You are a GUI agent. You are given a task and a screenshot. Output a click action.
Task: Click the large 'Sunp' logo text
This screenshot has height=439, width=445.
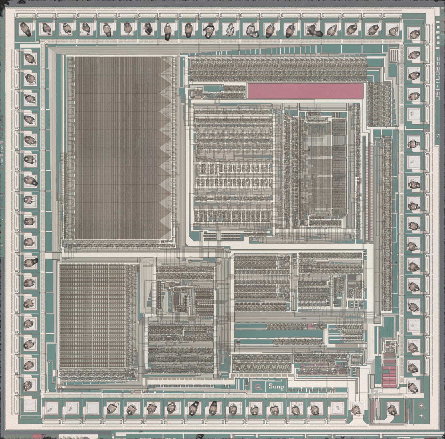tap(276, 387)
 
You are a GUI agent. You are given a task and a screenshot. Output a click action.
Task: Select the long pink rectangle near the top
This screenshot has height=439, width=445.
tap(305, 91)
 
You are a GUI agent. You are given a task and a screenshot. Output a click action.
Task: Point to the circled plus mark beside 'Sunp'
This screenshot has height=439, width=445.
tap(258, 387)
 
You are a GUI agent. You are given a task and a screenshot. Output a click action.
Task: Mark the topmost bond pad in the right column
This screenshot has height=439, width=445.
tap(414, 34)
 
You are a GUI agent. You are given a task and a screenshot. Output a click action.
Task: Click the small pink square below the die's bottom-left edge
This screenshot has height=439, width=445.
tap(37, 436)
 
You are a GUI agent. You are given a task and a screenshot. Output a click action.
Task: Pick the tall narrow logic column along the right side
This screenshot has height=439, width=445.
tap(386, 223)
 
